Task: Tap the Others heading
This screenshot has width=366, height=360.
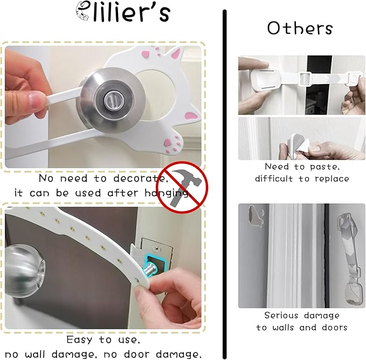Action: pos(300,28)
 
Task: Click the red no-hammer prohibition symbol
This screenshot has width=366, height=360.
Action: pos(180,187)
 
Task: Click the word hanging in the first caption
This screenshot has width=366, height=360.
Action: pos(162,193)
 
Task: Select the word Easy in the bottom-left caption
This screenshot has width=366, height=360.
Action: pos(79,340)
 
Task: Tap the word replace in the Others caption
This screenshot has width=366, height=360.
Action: pos(331,179)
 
